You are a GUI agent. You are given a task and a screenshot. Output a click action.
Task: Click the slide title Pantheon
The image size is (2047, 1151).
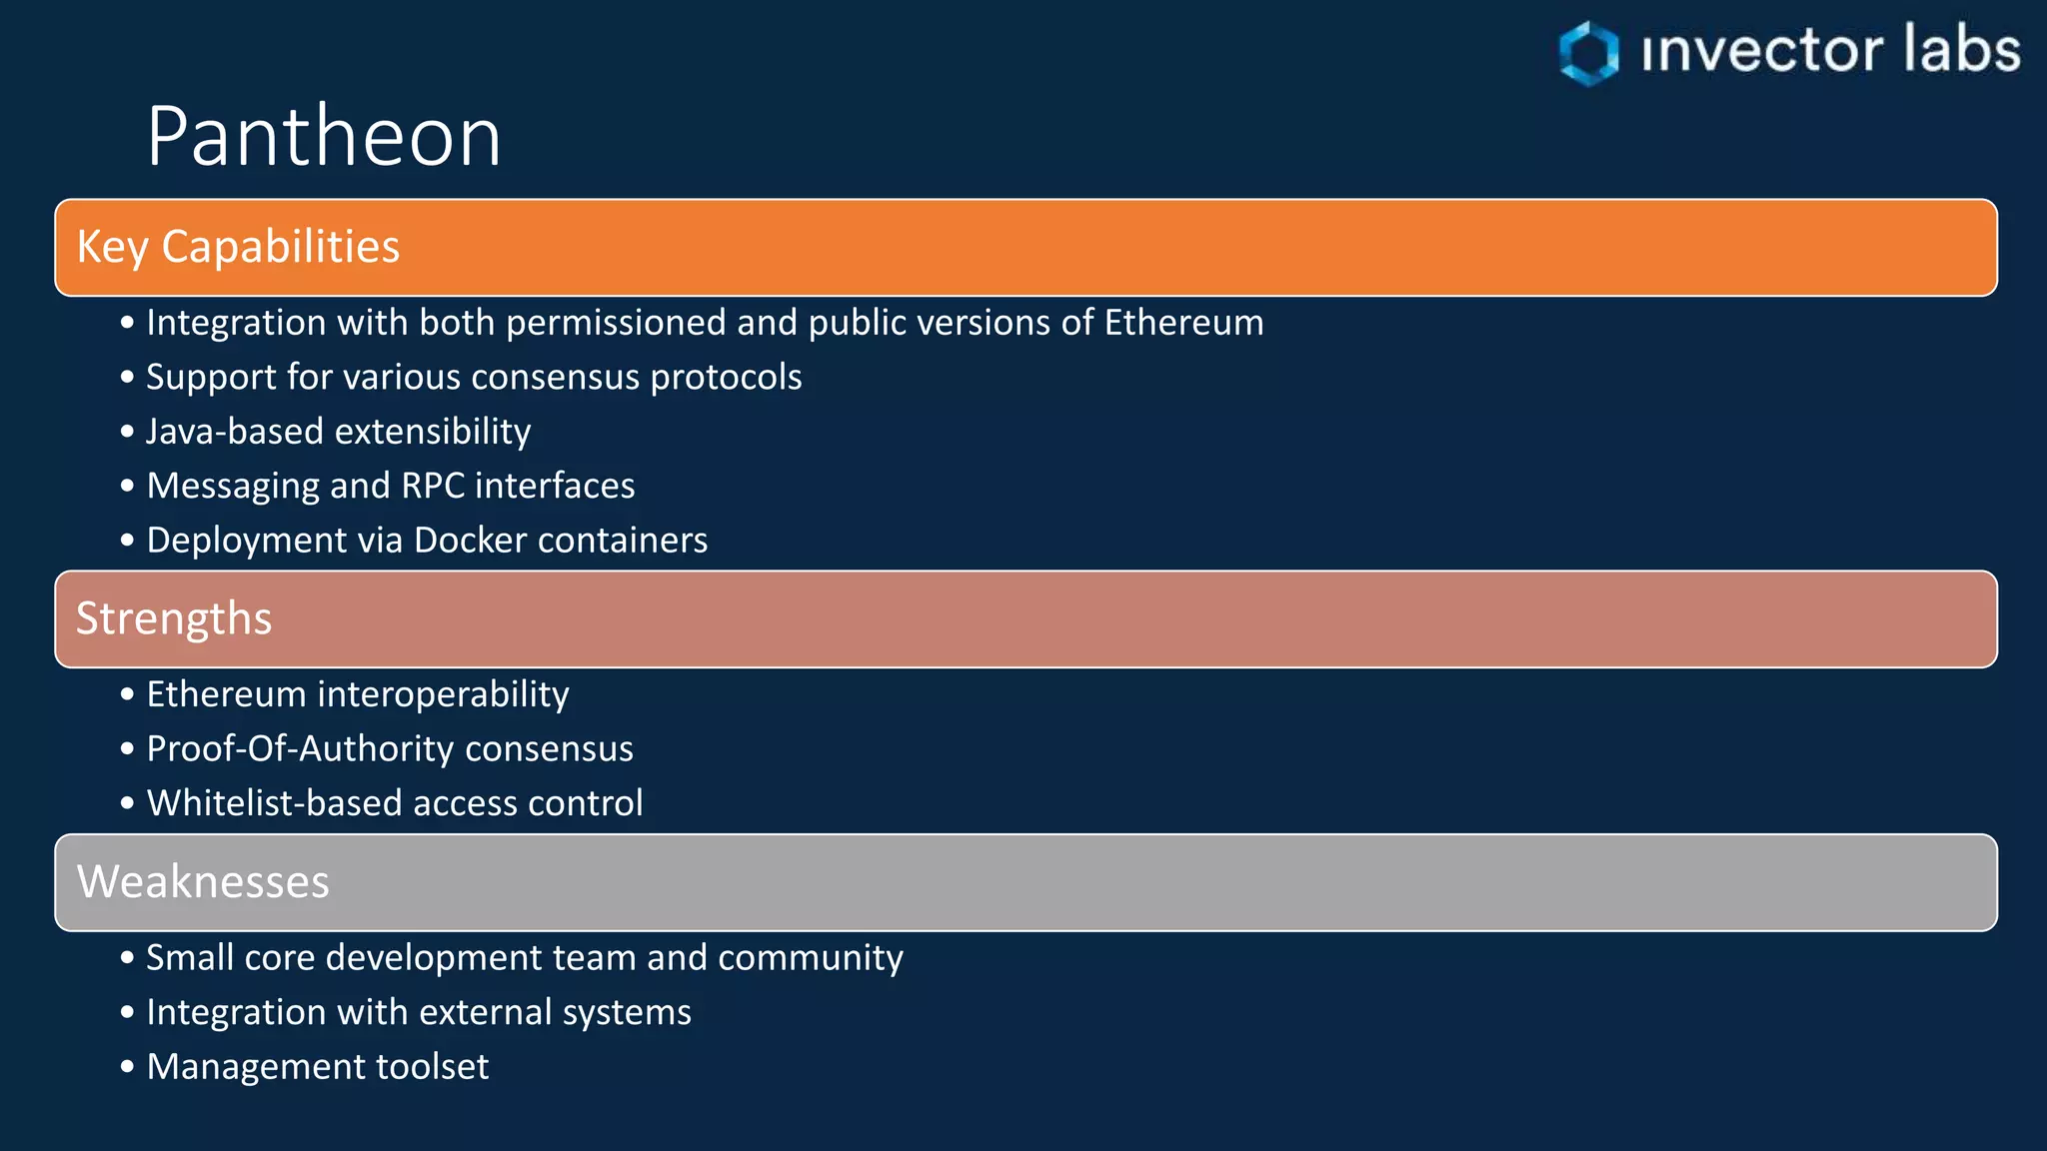(x=324, y=137)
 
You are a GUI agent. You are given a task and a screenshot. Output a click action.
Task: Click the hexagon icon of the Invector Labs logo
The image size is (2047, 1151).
(x=1588, y=53)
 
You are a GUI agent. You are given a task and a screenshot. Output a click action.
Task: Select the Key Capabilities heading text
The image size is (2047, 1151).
(x=238, y=247)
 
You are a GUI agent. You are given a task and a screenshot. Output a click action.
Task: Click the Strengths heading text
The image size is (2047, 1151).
(x=174, y=618)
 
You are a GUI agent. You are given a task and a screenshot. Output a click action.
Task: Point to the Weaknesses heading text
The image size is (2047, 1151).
(x=203, y=882)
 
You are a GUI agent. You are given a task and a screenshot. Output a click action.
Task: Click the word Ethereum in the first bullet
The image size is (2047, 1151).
(x=1183, y=323)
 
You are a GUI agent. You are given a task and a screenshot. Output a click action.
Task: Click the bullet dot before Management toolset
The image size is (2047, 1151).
(x=127, y=1067)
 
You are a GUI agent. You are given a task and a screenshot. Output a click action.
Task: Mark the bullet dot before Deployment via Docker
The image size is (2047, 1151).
(x=127, y=541)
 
